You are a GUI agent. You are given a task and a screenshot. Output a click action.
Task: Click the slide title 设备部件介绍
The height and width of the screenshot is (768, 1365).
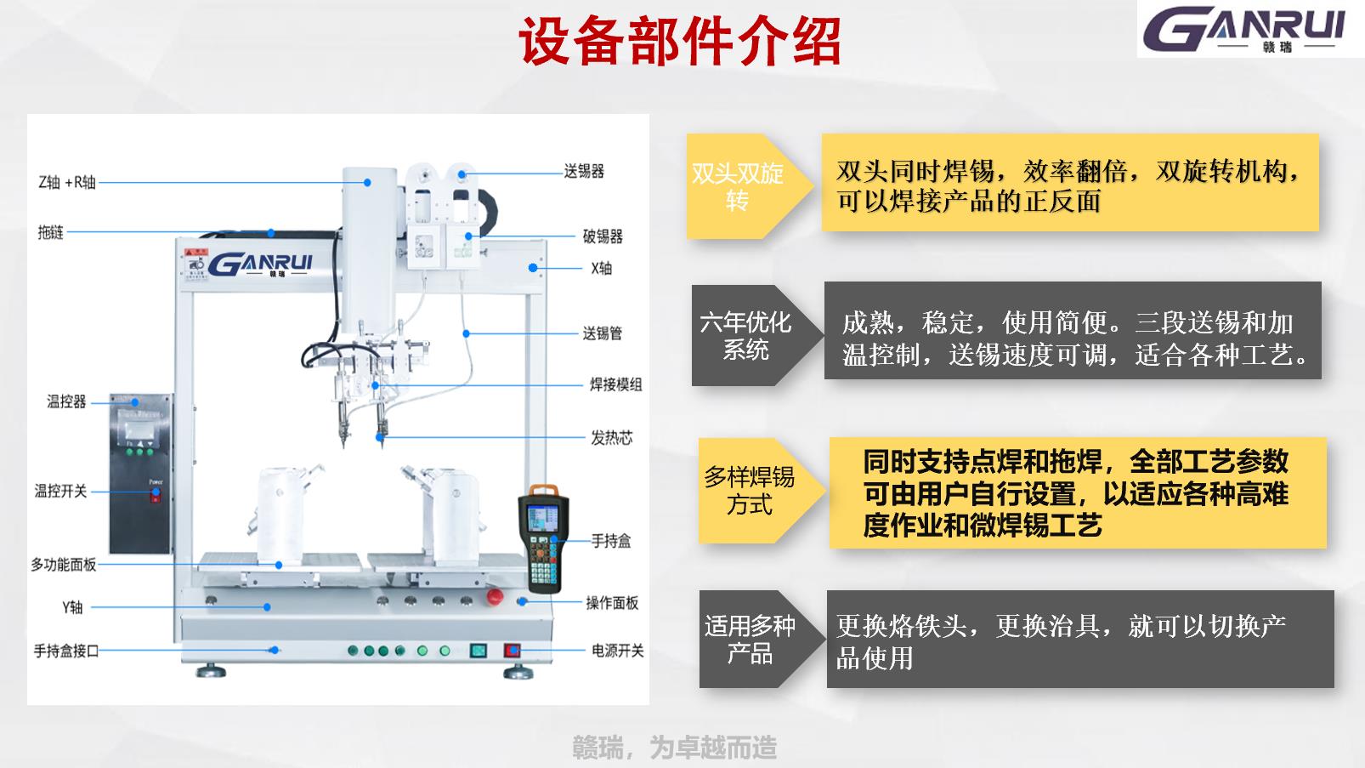tap(679, 42)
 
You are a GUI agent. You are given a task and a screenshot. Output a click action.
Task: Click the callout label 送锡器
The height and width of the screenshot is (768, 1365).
tap(584, 172)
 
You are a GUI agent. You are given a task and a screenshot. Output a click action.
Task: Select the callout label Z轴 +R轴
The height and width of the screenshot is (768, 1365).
tap(67, 182)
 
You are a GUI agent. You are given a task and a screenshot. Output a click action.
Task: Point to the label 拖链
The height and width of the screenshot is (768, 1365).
tap(51, 232)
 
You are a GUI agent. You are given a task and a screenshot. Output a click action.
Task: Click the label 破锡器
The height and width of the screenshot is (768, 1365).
tap(603, 236)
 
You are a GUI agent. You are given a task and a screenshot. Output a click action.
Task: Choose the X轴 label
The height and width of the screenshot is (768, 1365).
tap(602, 269)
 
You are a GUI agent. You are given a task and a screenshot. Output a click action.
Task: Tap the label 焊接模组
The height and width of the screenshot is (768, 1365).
tap(615, 384)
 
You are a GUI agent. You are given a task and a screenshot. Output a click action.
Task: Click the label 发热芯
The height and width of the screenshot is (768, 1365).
tap(612, 437)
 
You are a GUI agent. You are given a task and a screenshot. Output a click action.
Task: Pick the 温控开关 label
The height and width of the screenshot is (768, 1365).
tap(60, 491)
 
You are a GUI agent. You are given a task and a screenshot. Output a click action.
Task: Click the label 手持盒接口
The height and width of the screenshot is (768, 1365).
tap(65, 651)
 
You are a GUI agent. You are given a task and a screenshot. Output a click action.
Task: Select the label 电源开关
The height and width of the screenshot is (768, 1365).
tap(618, 651)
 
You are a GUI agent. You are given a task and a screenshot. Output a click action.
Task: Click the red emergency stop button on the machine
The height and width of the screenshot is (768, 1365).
tap(495, 596)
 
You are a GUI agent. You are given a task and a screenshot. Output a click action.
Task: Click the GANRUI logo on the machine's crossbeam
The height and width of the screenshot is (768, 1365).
tap(260, 265)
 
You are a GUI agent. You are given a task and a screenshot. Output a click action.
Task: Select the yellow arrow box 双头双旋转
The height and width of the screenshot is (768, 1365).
tap(750, 186)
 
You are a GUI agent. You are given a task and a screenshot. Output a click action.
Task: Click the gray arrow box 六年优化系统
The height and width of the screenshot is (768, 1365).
tap(756, 335)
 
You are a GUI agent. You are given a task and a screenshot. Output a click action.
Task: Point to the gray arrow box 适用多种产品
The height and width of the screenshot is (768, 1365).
tap(762, 639)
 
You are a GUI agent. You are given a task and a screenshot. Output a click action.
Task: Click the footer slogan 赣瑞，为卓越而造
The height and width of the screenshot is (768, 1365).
tap(675, 748)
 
